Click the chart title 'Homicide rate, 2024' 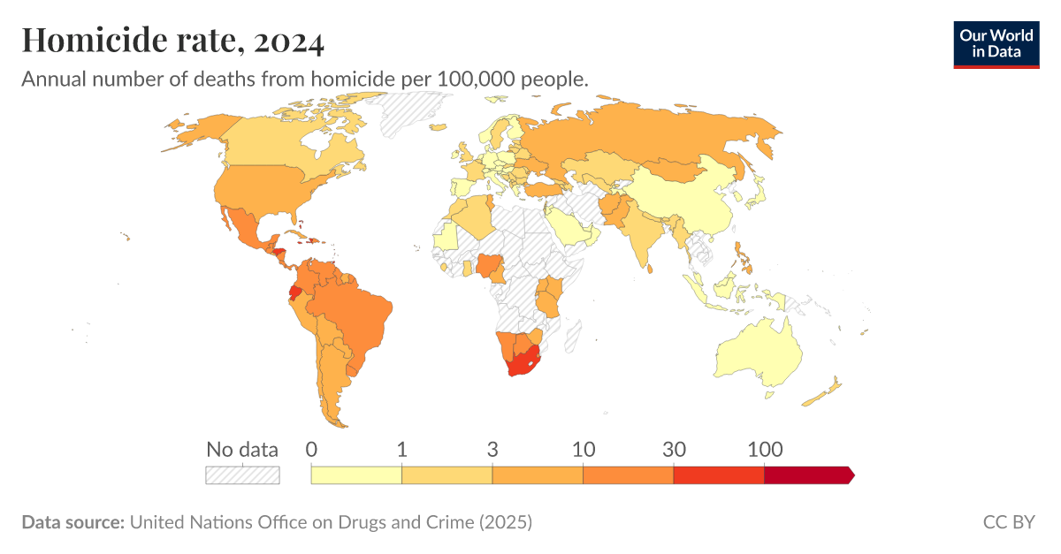point(173,40)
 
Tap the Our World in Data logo point(996,44)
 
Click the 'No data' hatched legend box point(242,475)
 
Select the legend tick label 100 point(764,449)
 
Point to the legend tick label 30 point(674,449)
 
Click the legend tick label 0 point(311,449)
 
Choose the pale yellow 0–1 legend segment point(356,475)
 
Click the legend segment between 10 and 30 point(628,475)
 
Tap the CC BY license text point(1008,522)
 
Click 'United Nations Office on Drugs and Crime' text point(302,522)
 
